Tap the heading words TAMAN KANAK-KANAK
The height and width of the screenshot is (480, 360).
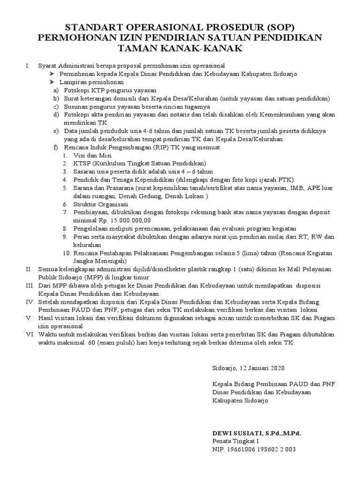point(180,48)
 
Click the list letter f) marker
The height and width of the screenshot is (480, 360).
point(56,147)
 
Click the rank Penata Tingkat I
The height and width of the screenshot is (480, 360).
point(235,441)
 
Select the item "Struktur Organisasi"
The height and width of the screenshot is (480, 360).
point(101,204)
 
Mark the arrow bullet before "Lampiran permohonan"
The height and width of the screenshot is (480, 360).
point(52,82)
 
